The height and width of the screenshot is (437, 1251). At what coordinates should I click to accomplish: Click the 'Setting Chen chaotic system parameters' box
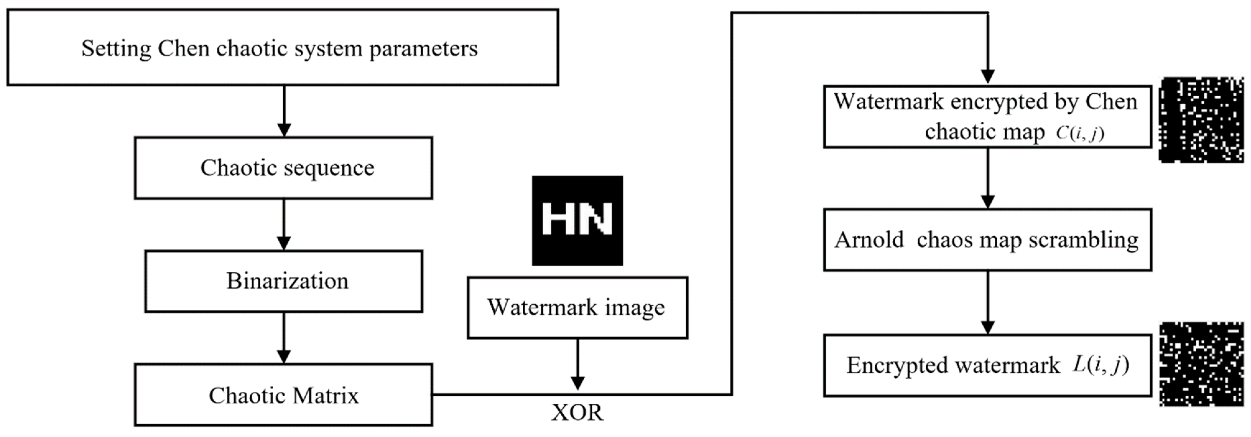283,48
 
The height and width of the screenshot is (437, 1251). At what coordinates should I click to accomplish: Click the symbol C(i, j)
1080,133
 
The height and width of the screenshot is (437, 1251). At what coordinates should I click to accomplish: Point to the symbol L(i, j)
1100,365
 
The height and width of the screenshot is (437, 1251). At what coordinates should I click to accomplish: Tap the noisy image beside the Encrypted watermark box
1202,364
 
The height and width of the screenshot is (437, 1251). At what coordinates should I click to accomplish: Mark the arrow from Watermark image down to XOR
577,364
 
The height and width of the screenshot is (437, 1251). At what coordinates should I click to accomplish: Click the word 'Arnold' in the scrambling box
869,239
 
